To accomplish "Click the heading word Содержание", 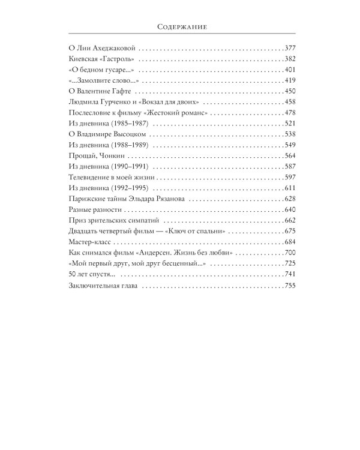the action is point(180,26).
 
